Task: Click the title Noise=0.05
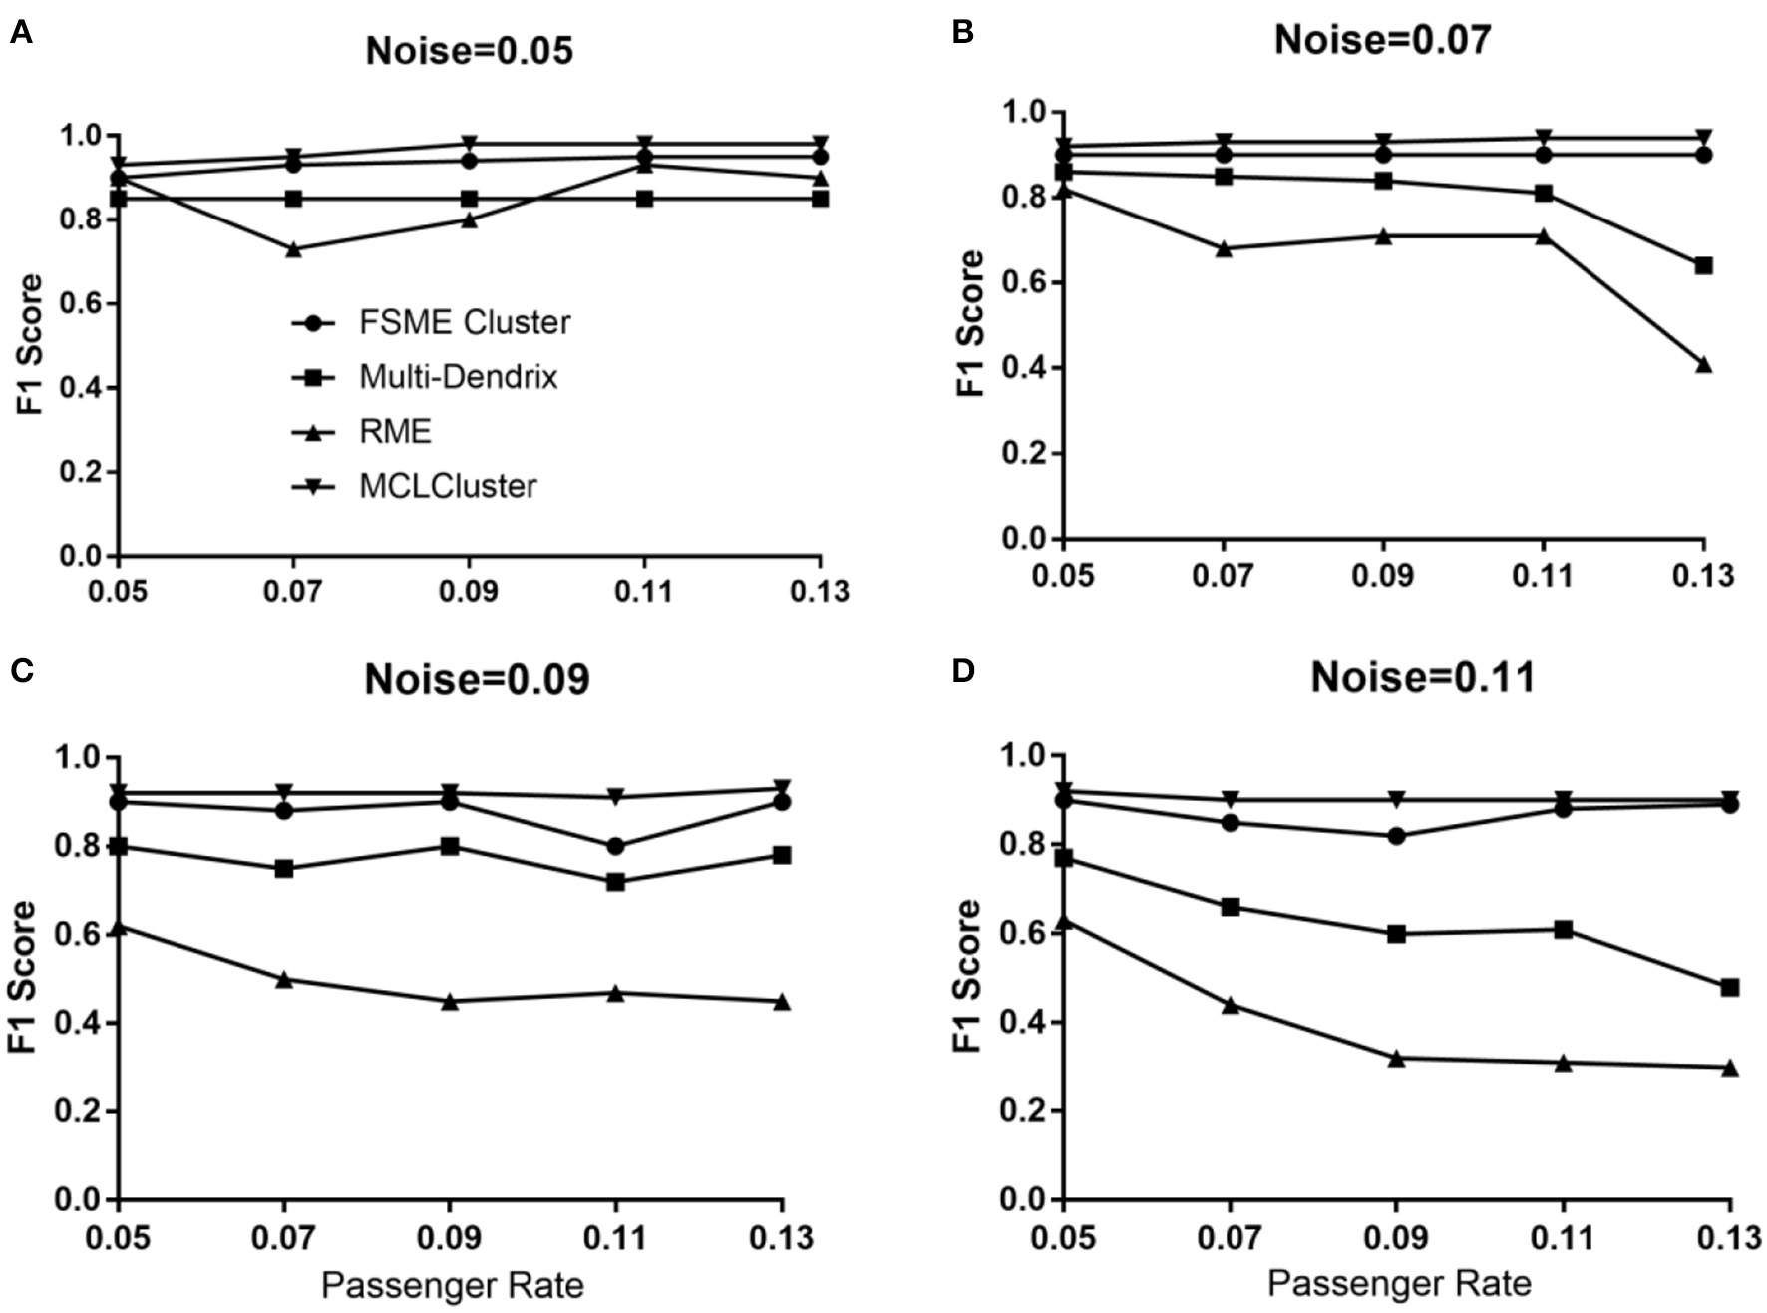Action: coord(469,51)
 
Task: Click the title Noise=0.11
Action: coord(1422,678)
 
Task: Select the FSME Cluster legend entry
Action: coord(464,323)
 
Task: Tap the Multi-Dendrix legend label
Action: coord(458,377)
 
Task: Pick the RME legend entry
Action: coord(395,432)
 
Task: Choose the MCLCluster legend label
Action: coord(448,487)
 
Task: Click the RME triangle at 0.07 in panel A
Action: coord(293,249)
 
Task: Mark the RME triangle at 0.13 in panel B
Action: coord(1703,365)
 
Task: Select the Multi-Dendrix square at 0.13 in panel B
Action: coord(1703,266)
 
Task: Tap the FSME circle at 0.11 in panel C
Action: coord(615,846)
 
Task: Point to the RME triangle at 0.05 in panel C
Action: coord(119,927)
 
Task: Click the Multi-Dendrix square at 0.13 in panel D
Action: coord(1730,987)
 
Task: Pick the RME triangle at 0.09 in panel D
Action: coord(1396,1058)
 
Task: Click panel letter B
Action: coord(962,33)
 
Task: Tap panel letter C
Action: coord(21,671)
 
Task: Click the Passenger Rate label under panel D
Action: coord(1398,1283)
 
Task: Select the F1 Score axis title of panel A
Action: coord(31,344)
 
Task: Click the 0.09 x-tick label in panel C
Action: coord(450,1238)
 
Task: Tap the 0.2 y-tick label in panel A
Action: coord(83,472)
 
